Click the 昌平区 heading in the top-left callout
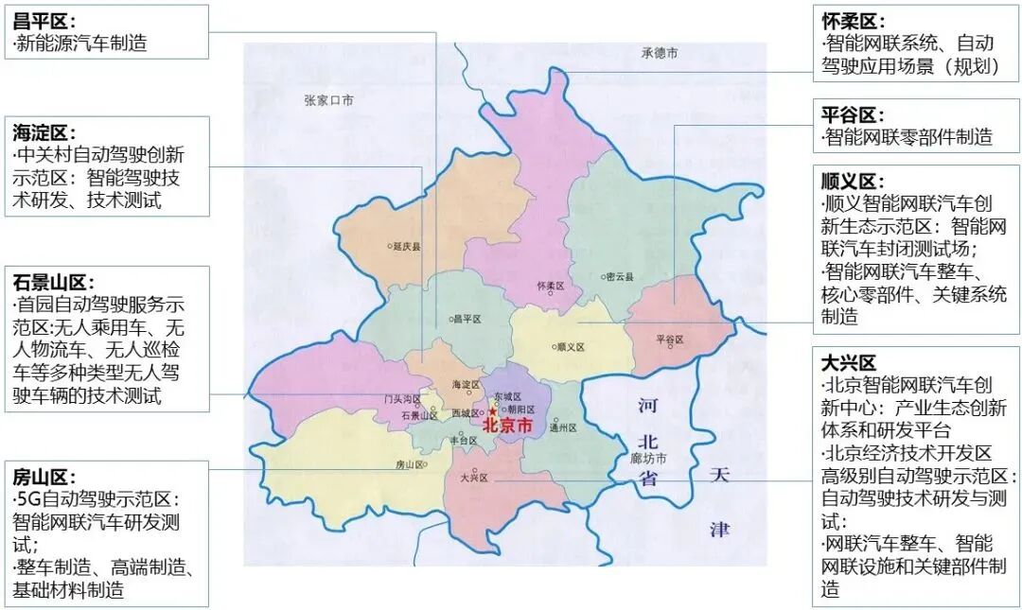point(44,19)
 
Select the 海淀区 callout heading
point(44,131)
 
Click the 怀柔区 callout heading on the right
point(852,20)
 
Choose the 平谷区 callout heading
point(852,114)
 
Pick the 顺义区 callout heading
point(852,181)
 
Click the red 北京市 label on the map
point(508,427)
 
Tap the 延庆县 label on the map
point(405,246)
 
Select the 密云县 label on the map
point(618,277)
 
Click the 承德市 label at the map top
point(659,54)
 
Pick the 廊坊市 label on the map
point(649,459)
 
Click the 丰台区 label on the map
point(464,441)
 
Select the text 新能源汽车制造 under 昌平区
point(82,43)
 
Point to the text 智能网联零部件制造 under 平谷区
point(907,137)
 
